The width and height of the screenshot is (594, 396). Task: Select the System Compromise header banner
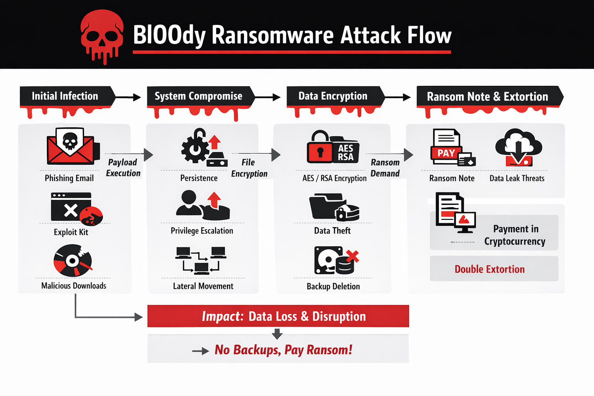click(x=199, y=96)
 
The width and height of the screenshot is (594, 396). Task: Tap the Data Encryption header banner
click(x=333, y=96)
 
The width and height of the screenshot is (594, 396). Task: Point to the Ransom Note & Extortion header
click(x=487, y=97)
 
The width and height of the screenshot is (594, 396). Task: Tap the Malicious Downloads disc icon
click(x=73, y=261)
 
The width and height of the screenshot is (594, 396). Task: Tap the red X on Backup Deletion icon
click(x=352, y=256)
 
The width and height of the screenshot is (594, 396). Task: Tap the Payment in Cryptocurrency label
click(x=515, y=235)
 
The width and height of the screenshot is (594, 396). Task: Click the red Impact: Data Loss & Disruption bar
click(x=278, y=316)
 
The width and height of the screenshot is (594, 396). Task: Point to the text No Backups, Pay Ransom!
click(x=283, y=350)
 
